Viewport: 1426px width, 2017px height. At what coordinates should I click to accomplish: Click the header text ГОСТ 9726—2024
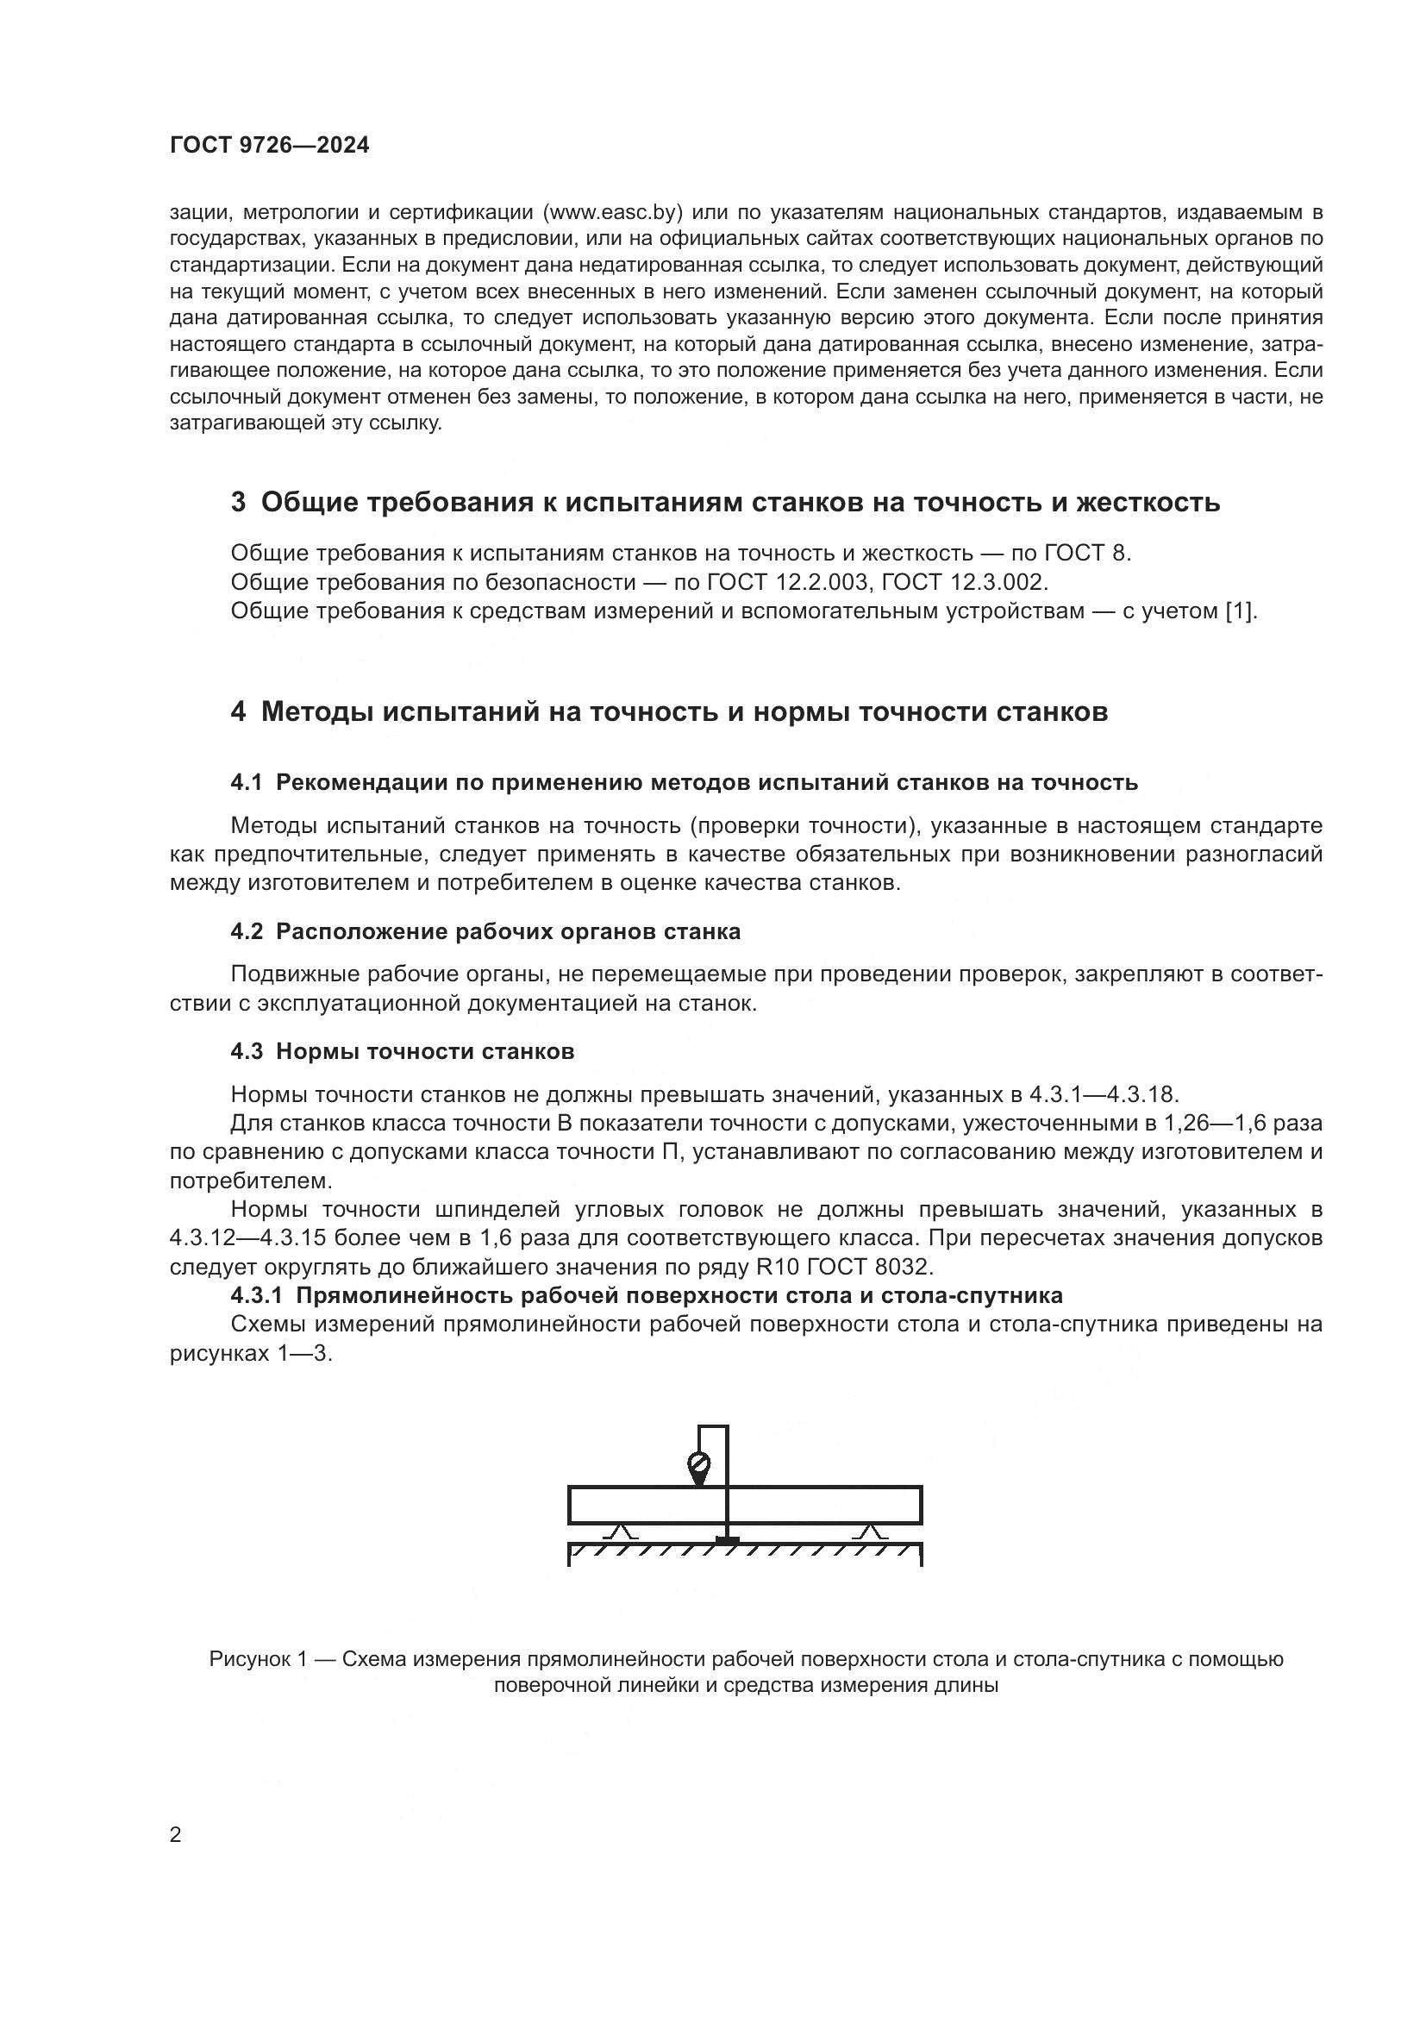[270, 146]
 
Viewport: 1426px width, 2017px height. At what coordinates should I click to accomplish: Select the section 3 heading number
[238, 503]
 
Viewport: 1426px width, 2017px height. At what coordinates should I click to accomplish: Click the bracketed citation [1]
[1241, 611]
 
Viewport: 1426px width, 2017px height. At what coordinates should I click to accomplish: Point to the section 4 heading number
[238, 711]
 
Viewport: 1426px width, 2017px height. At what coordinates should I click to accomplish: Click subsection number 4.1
[246, 782]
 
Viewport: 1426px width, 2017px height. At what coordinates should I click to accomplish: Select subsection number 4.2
[246, 931]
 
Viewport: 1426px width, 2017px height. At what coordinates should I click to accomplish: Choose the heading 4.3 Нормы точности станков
[402, 1051]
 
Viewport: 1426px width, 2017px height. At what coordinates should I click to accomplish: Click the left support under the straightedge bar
[622, 1532]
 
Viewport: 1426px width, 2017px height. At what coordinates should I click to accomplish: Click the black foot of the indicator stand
[727, 1539]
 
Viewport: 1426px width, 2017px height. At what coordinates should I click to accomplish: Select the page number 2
[176, 1834]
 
